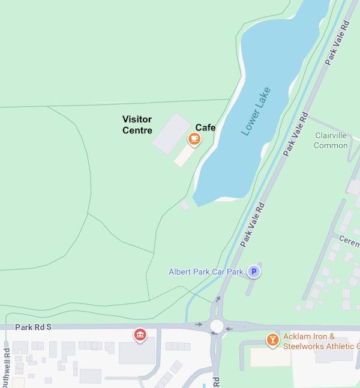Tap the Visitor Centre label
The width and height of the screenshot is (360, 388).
137,125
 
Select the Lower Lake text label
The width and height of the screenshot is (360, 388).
256,112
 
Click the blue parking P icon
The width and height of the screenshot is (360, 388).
254,272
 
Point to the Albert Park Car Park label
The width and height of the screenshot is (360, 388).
206,272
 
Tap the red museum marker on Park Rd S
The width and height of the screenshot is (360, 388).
140,334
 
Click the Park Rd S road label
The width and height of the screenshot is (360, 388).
34,327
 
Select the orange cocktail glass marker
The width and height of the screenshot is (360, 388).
272,340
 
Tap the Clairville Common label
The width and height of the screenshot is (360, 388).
331,141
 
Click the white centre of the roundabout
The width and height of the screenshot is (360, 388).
217,326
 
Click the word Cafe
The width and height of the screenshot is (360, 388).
205,127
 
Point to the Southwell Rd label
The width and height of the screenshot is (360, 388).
7,366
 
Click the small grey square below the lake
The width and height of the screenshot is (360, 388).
185,205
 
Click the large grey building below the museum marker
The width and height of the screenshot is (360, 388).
136,353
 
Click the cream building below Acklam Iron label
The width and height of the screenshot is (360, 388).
271,357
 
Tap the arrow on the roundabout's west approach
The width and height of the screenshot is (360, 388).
199,325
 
